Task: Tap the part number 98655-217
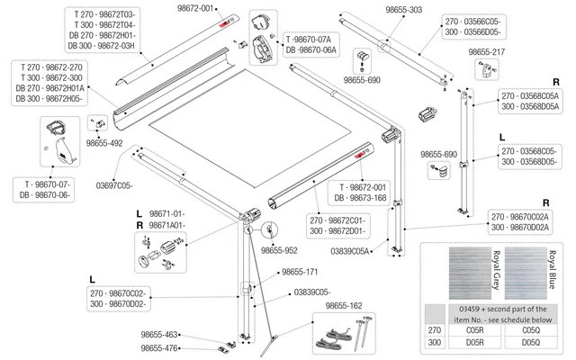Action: click(487, 52)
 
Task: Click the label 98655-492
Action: click(104, 141)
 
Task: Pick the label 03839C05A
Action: click(350, 252)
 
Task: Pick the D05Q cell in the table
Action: click(531, 343)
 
